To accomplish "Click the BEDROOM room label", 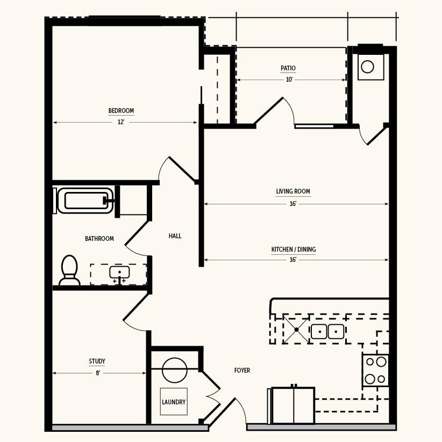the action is [x=121, y=111].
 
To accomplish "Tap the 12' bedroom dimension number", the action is [x=121, y=123].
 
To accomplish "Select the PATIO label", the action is [x=288, y=68].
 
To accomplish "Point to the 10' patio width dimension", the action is [x=289, y=80].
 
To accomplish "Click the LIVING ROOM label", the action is [x=293, y=191].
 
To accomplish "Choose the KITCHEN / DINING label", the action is [x=294, y=249].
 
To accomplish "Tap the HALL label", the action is [x=175, y=236].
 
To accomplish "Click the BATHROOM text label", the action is [x=99, y=239].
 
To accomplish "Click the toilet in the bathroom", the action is [x=69, y=270].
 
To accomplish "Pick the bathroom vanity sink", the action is [x=119, y=273].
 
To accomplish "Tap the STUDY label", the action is [x=97, y=361].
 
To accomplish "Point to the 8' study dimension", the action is [x=98, y=373].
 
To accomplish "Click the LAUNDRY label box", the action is [x=174, y=402].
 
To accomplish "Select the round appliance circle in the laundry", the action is [x=175, y=370].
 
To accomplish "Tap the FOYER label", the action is [x=242, y=370].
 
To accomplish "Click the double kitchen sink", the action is [x=327, y=331].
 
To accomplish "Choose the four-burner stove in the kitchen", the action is [x=375, y=370].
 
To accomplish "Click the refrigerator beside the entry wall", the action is [x=293, y=405].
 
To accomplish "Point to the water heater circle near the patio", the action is [x=367, y=67].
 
